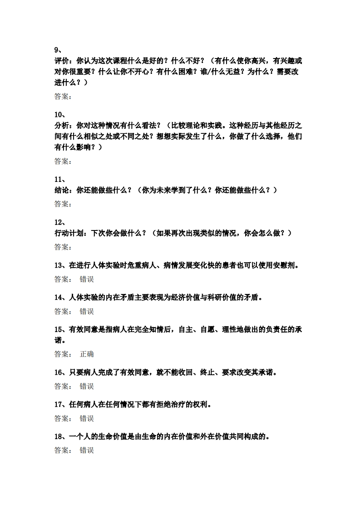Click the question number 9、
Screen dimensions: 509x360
pyautogui.click(x=58, y=50)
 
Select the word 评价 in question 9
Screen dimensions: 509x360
pyautogui.click(x=62, y=60)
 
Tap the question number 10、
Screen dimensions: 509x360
pyautogui.click(x=60, y=114)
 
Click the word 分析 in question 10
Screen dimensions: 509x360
pyautogui.click(x=62, y=125)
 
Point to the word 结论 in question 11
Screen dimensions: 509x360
pyautogui.click(x=62, y=190)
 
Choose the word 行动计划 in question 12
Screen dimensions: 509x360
pyautogui.click(x=69, y=233)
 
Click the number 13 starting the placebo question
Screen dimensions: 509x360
pyautogui.click(x=58, y=265)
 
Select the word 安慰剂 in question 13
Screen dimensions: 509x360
pyautogui.click(x=284, y=265)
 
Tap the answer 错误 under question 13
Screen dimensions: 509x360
pyautogui.click(x=87, y=279)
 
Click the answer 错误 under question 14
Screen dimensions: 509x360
pyautogui.click(x=87, y=311)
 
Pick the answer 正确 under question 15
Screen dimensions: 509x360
pyautogui.click(x=87, y=354)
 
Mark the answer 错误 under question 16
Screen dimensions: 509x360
pyautogui.click(x=87, y=386)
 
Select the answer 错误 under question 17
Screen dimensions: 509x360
pyautogui.click(x=87, y=418)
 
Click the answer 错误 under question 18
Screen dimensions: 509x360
pyautogui.click(x=87, y=450)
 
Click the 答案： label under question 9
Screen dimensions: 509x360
pyautogui.click(x=63, y=97)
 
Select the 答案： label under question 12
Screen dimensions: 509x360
pyautogui.click(x=63, y=247)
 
